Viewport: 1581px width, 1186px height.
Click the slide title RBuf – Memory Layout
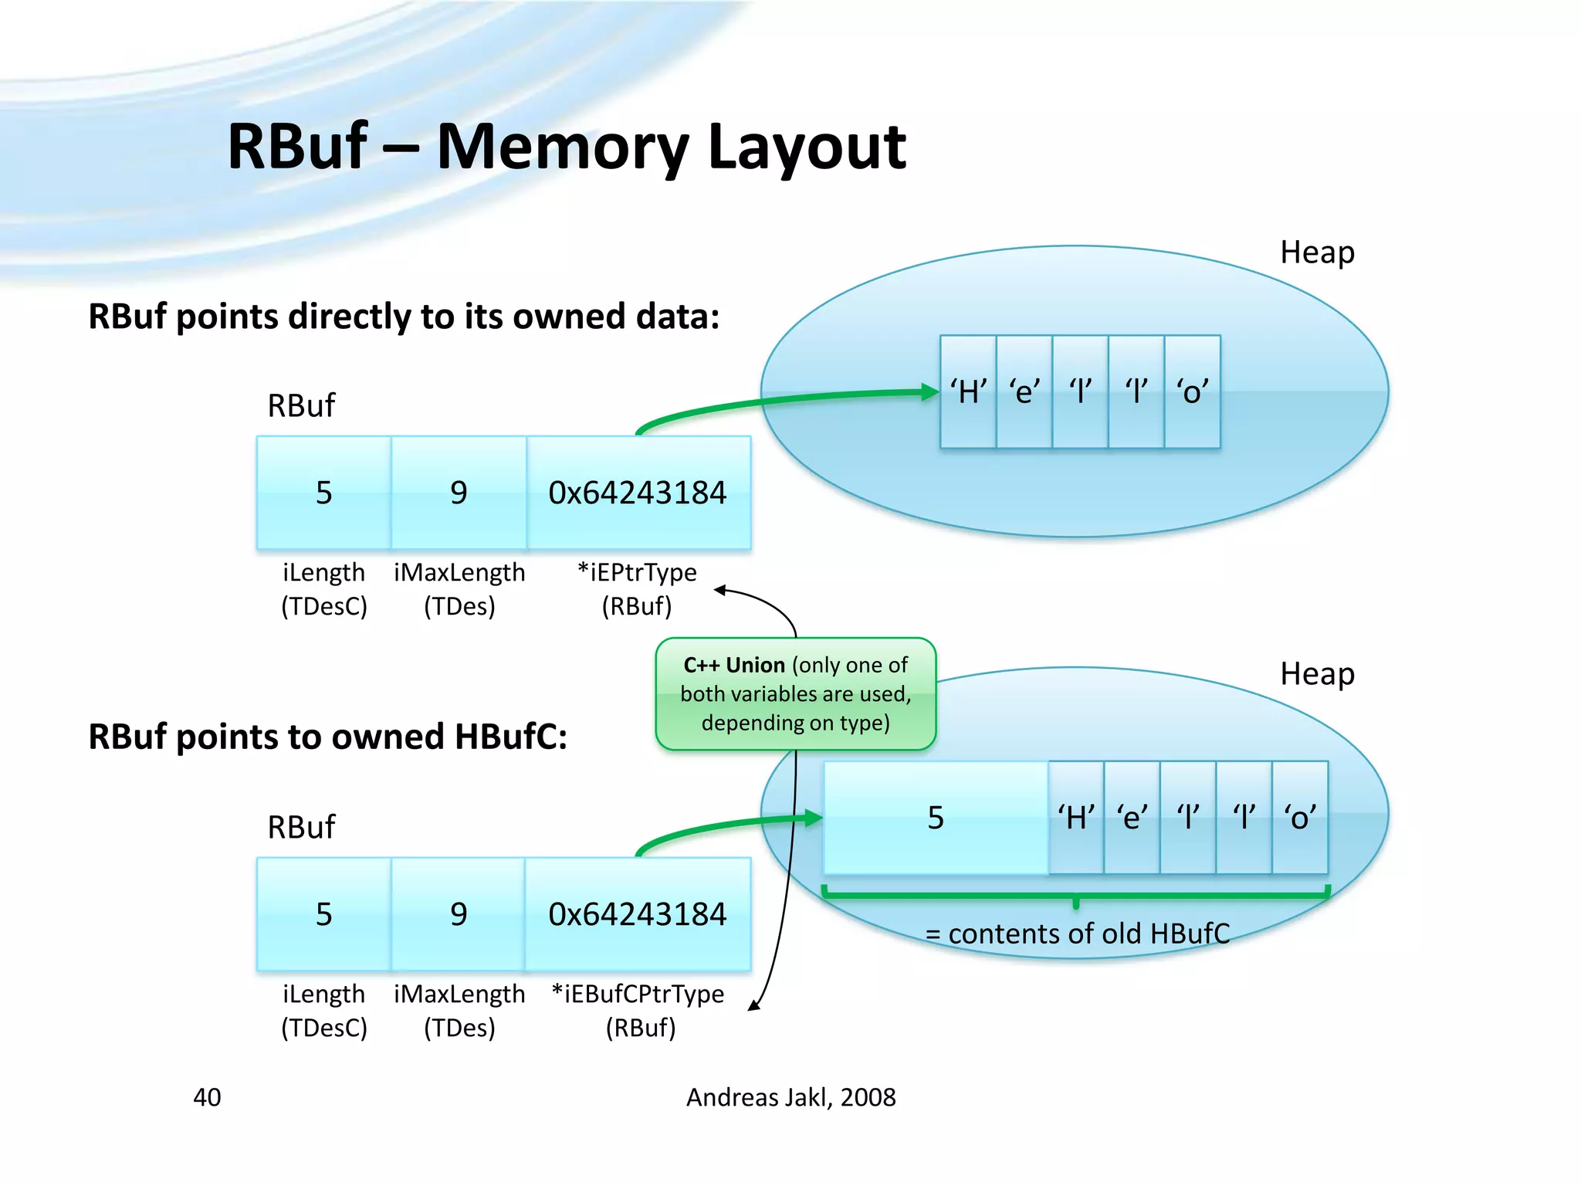tap(566, 147)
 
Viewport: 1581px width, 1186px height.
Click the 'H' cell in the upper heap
tap(968, 391)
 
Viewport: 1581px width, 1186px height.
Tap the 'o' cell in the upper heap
tap(1192, 391)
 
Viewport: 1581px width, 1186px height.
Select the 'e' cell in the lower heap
tap(1132, 817)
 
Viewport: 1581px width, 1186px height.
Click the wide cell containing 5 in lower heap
tap(936, 817)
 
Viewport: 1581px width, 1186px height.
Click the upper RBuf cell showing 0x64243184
tap(638, 493)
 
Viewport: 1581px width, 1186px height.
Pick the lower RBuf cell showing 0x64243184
tap(638, 914)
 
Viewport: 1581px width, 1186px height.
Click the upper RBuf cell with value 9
tap(459, 493)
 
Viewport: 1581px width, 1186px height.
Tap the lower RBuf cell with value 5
tap(323, 914)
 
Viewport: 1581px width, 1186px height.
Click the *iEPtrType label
tap(637, 573)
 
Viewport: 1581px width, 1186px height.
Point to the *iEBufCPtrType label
tap(638, 995)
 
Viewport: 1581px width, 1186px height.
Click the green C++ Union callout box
tap(795, 693)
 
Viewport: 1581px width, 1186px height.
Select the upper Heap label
tap(1317, 252)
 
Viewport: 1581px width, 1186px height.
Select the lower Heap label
tap(1317, 674)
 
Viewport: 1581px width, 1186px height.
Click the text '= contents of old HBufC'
tap(1077, 934)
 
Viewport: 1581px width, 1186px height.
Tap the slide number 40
tap(207, 1097)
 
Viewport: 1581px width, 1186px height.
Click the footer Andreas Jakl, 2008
tap(790, 1097)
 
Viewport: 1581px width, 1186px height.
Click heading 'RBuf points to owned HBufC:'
tap(327, 737)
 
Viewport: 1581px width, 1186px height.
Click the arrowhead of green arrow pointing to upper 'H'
tap(930, 392)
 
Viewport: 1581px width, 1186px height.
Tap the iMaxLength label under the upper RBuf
tap(459, 573)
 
